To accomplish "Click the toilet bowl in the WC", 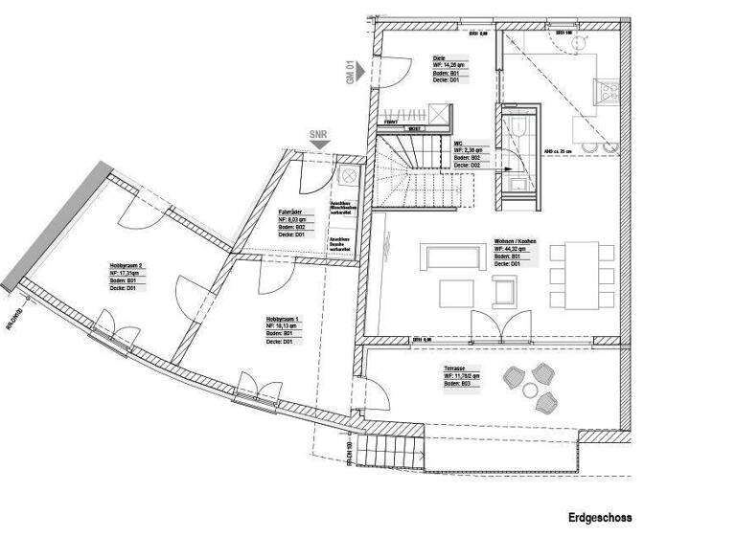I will coord(517,129).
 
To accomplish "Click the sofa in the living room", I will coord(449,257).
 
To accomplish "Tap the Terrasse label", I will coord(454,368).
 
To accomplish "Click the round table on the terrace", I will coord(532,387).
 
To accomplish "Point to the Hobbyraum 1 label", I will coord(284,319).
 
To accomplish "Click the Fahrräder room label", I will coord(291,212).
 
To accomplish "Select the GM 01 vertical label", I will coord(351,73).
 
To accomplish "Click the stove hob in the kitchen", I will coord(608,91).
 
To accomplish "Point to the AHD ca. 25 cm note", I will coord(559,151).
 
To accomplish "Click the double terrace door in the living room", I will coord(504,325).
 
